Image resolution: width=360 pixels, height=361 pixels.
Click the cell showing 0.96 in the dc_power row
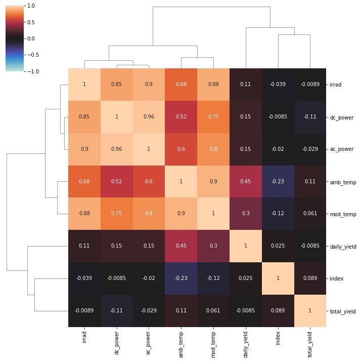point(149,117)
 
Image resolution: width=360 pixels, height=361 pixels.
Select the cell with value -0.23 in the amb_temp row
point(278,182)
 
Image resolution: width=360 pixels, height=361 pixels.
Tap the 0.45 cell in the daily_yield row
point(181,246)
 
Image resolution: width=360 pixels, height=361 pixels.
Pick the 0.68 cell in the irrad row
point(181,85)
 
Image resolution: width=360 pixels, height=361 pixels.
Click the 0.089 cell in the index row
point(310,278)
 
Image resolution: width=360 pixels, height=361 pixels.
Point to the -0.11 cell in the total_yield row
point(116,311)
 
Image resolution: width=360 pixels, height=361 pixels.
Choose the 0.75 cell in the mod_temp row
point(116,214)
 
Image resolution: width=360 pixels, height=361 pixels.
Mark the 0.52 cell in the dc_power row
point(181,117)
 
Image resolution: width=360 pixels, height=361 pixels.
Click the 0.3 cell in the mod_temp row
point(245,214)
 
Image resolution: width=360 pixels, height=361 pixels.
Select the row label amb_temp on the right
point(341,182)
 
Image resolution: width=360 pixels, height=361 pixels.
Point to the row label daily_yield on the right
point(342,247)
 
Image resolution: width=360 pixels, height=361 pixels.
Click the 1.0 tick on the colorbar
point(31,6)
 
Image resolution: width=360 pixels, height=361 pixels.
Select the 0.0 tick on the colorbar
point(31,38)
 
